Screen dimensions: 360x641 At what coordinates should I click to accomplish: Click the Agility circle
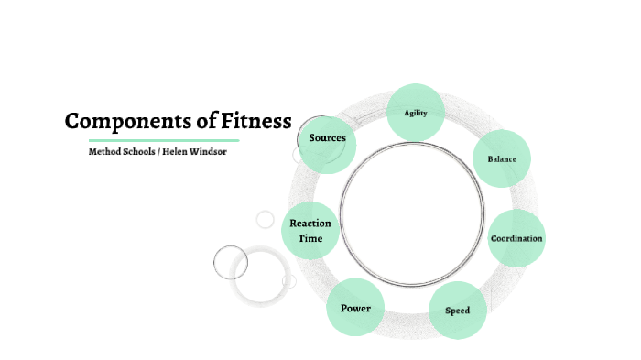coord(417,113)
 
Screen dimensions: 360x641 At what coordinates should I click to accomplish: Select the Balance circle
coord(502,159)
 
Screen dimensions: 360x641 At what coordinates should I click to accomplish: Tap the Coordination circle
coord(516,238)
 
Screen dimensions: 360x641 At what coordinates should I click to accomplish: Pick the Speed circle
coord(458,311)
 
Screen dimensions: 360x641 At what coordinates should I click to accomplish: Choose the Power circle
coord(355,308)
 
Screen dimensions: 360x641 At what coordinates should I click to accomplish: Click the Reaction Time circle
coord(310,231)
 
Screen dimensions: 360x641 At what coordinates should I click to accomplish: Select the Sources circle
coord(327,139)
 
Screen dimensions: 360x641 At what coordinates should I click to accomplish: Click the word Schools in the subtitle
coord(138,151)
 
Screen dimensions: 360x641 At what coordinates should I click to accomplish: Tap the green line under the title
coord(164,140)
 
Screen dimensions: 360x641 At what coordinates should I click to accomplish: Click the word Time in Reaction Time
coord(310,238)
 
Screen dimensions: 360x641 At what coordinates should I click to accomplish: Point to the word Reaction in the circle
coord(310,224)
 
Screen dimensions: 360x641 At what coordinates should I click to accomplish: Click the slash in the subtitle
coord(158,151)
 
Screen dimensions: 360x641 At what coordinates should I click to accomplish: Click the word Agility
coord(417,113)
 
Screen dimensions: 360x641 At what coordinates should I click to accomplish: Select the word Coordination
coord(516,238)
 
